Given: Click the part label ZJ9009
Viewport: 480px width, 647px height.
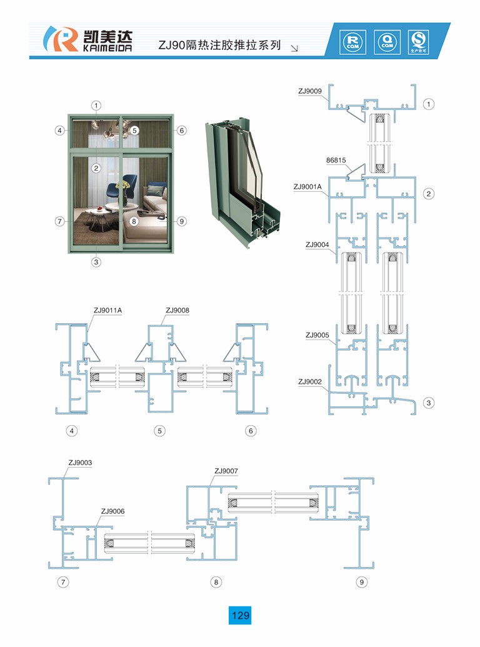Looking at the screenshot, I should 310,91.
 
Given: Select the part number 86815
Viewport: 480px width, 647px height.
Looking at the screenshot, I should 336,160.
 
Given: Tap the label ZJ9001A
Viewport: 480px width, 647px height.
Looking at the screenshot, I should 307,186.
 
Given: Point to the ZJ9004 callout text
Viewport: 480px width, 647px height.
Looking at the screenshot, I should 317,244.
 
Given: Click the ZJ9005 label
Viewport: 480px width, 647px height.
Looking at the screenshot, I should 317,335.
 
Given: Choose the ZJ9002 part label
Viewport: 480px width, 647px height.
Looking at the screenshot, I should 310,381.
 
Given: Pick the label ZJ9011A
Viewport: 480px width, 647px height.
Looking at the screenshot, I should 107,309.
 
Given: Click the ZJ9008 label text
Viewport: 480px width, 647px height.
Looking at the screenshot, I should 177,309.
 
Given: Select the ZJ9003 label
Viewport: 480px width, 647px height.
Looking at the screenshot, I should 80,463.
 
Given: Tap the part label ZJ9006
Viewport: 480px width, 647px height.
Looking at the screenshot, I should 112,511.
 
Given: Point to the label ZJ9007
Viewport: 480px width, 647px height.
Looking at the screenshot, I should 226,471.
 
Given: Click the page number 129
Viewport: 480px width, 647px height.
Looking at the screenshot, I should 241,615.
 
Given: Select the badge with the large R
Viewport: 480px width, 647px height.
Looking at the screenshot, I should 351,41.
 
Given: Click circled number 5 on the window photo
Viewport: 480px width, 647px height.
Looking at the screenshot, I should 134,131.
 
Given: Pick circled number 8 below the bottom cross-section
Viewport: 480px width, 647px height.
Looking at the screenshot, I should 216,582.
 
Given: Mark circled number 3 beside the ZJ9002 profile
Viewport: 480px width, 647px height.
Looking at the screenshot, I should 429,403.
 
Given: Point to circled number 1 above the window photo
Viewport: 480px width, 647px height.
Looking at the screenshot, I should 97,104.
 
